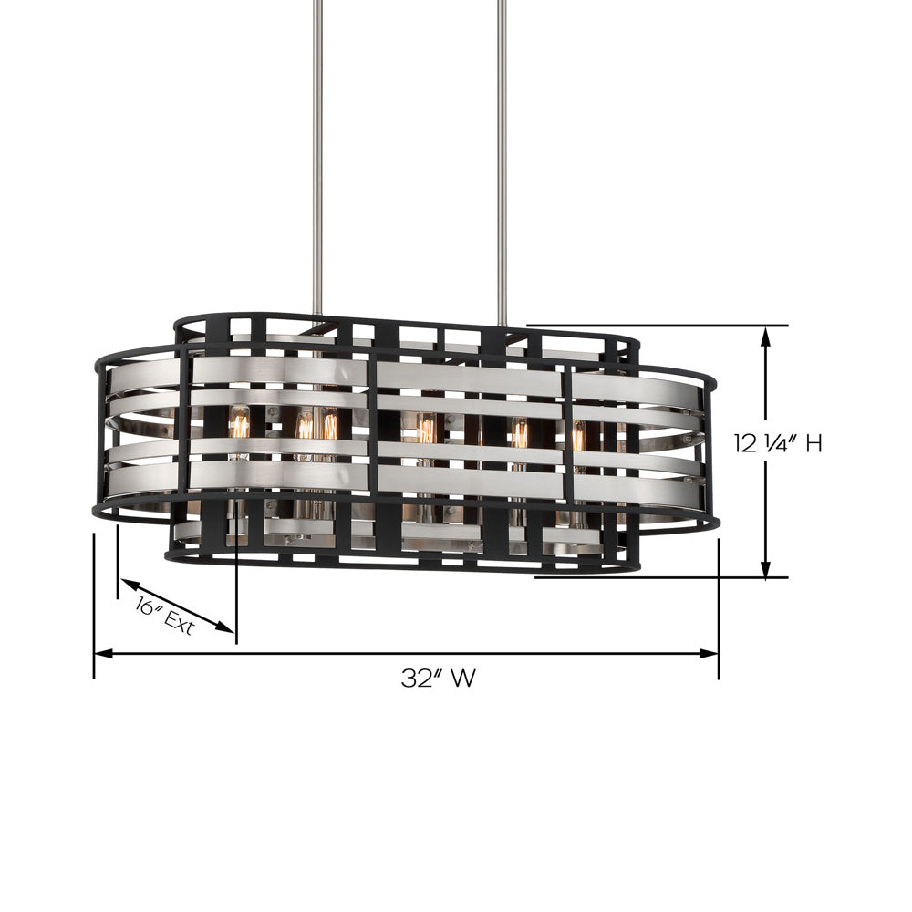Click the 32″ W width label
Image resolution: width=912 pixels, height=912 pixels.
[x=439, y=679]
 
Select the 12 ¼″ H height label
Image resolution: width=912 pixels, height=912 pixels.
[x=779, y=444]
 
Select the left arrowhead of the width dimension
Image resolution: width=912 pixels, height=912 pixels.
[x=103, y=653]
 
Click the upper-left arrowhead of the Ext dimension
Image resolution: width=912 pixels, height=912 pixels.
[x=127, y=584]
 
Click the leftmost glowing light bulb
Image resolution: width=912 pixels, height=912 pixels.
[x=240, y=424]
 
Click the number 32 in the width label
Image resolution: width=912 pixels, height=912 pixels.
[x=415, y=679]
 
